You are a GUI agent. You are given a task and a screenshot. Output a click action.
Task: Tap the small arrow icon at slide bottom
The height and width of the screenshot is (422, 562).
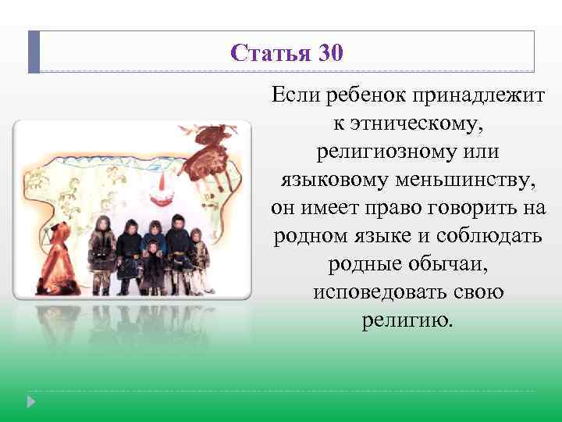pos(31,402)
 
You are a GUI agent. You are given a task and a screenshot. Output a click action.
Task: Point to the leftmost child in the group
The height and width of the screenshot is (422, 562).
pos(101,253)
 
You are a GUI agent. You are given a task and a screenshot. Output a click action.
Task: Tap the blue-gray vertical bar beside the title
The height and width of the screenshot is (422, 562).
pos(34,52)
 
